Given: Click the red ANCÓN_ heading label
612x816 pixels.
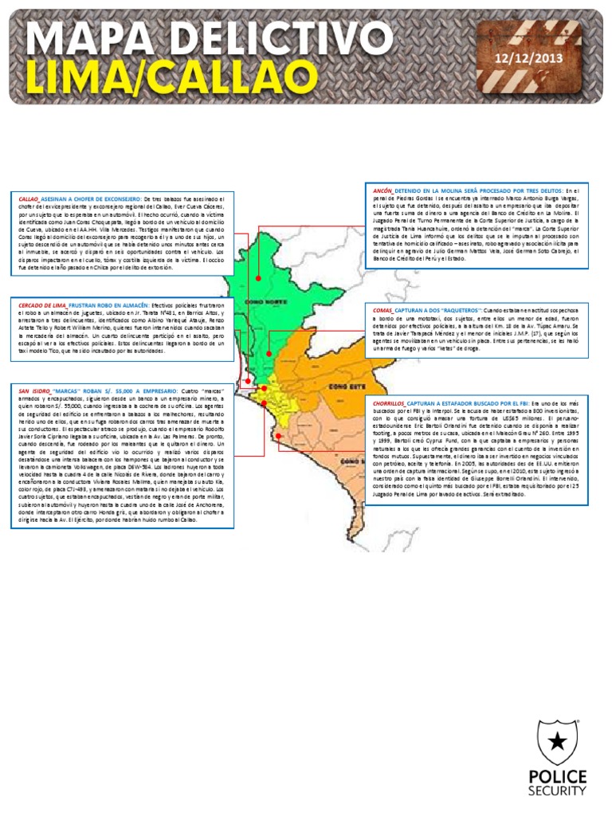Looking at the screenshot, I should pyautogui.click(x=382, y=191).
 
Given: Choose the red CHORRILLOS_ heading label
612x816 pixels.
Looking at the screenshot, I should pyautogui.click(x=388, y=403).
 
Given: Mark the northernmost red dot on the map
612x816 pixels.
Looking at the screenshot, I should pyautogui.click(x=258, y=278).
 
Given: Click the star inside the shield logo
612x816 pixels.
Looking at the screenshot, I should pyautogui.click(x=557, y=742).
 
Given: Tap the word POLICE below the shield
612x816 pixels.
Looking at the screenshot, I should pyautogui.click(x=557, y=777).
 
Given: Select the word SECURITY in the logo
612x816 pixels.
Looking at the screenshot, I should pyautogui.click(x=557, y=791).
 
